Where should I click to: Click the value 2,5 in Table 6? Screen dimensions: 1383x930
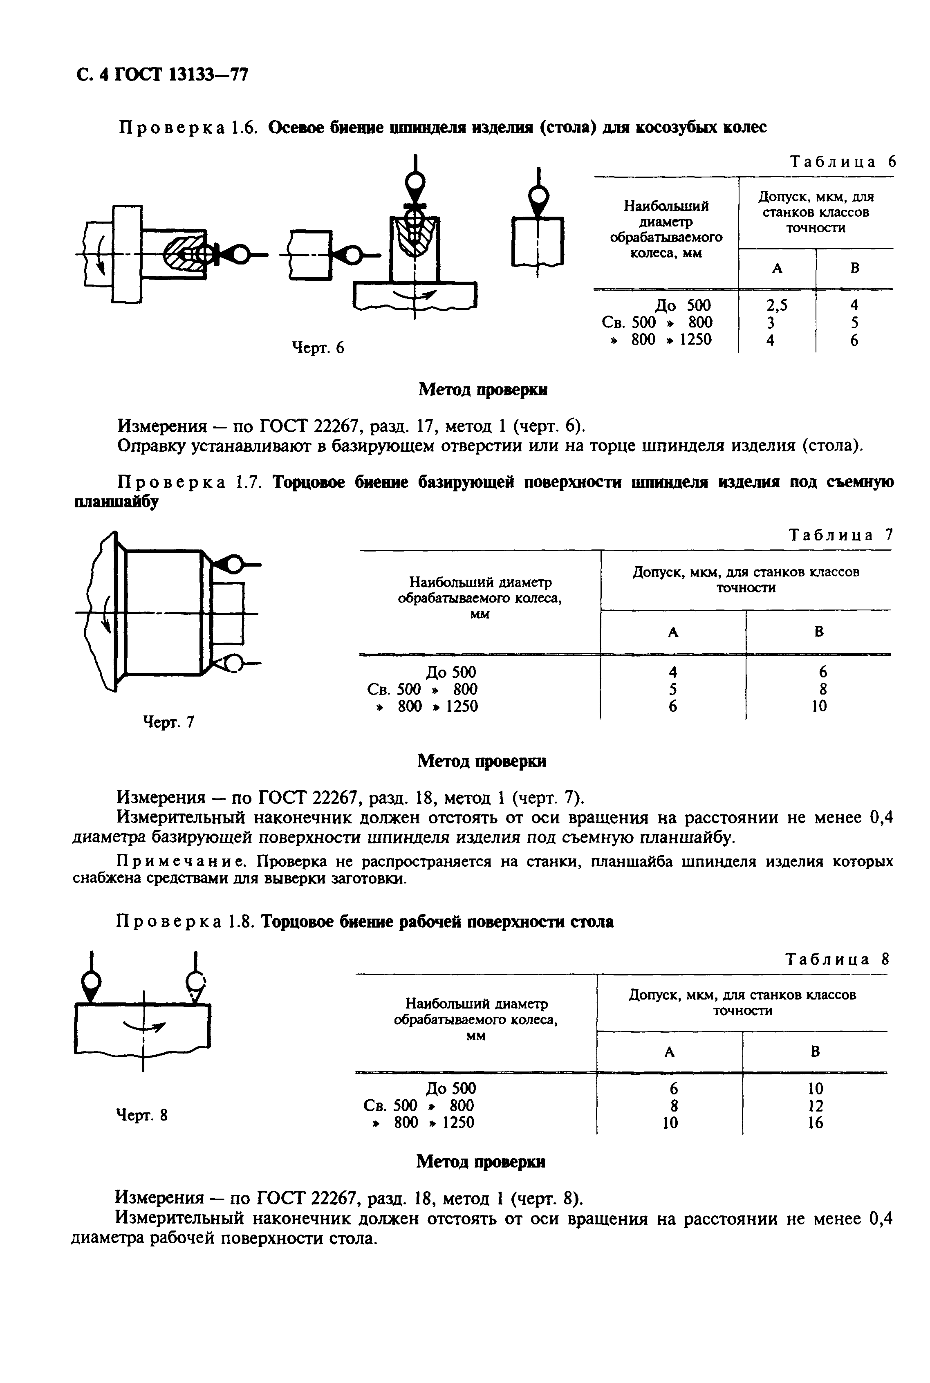776,305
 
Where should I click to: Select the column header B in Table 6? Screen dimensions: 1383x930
855,268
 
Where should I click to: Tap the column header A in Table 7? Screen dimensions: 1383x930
672,632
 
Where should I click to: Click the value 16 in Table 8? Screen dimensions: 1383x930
816,1123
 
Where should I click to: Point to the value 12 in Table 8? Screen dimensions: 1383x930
816,1105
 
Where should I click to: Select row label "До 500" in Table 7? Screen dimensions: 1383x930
451,672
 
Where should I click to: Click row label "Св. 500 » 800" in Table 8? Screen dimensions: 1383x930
419,1105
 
